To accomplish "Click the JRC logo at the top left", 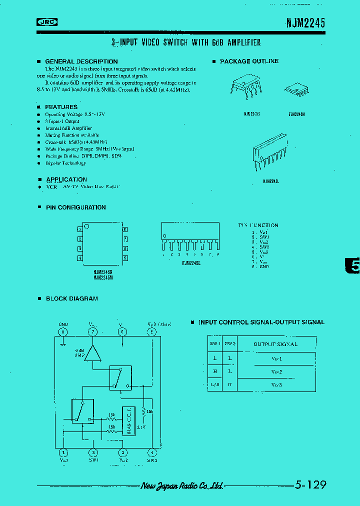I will [47, 22].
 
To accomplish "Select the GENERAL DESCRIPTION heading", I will [81, 61].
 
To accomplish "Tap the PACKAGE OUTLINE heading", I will [249, 61].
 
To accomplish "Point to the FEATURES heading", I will [61, 107].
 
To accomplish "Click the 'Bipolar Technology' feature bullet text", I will [65, 163].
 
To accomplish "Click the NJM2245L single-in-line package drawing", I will [269, 149].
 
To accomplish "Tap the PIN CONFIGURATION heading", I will [75, 207].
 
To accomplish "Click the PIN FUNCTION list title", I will [258, 225].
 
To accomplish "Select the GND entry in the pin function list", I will [263, 266].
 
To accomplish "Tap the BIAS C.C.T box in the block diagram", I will [129, 420].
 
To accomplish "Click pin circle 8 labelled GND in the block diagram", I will [63, 331].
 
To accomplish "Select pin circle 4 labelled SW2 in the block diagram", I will [152, 452].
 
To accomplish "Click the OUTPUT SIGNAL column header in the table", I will [275, 344].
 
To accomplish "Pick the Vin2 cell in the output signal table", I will [276, 372].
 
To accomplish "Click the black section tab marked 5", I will [353, 266].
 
